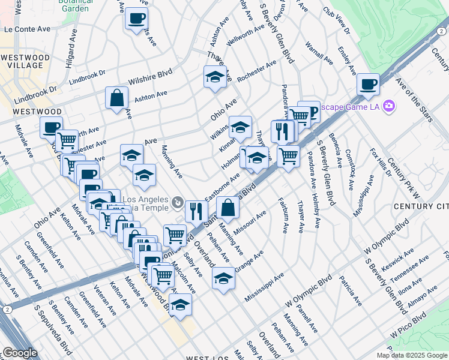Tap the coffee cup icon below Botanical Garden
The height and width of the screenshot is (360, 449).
point(137,17)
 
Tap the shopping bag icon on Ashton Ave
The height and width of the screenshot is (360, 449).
point(116,98)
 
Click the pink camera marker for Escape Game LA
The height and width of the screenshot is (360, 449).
point(390,106)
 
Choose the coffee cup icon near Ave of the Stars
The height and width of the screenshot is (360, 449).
point(367,85)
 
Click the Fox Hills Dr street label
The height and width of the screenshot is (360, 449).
point(380,163)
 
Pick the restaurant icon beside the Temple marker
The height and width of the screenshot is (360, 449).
point(196,211)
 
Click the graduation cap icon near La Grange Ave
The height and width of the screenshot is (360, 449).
point(223,278)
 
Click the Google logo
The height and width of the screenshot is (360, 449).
point(19,353)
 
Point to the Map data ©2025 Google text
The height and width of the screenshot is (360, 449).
point(412,355)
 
